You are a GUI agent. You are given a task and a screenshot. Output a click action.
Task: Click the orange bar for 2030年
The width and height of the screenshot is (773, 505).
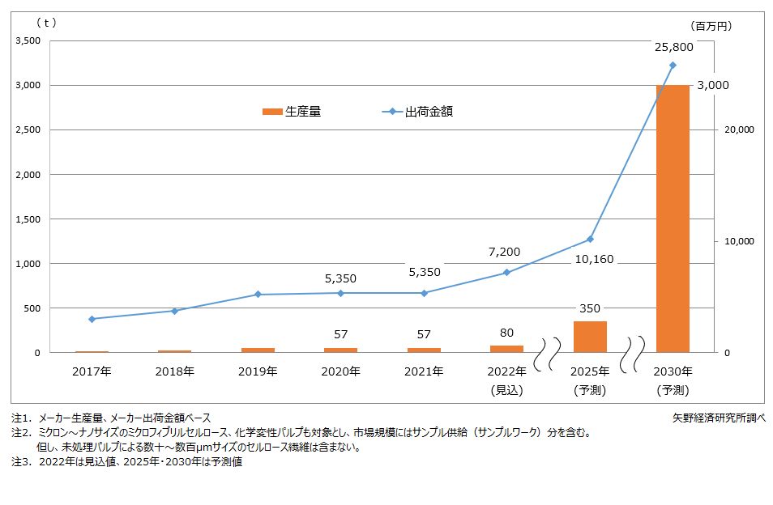tap(673, 219)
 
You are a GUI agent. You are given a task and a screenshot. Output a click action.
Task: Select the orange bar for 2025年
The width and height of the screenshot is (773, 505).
tap(589, 337)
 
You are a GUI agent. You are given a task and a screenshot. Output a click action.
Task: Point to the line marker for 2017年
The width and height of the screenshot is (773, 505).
tap(92, 319)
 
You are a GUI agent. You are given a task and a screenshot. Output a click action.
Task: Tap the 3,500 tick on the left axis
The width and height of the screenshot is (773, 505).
tap(28, 40)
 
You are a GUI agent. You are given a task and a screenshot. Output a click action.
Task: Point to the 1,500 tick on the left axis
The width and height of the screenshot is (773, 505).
tap(28, 219)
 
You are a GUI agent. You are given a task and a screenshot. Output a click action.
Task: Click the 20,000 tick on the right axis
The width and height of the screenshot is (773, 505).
tap(737, 129)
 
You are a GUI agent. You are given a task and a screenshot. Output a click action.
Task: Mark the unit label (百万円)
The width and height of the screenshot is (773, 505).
tap(712, 25)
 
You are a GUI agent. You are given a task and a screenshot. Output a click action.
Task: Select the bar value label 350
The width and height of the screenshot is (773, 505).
tap(590, 308)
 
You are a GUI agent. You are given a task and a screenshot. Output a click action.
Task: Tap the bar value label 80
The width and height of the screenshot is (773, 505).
tap(506, 333)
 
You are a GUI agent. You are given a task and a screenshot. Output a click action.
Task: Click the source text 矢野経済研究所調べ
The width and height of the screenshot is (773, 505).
tap(718, 418)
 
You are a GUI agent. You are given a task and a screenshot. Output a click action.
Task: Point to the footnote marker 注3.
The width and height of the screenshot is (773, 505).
tap(20, 462)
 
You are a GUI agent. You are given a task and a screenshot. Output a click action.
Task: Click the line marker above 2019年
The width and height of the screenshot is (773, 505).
tap(258, 295)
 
